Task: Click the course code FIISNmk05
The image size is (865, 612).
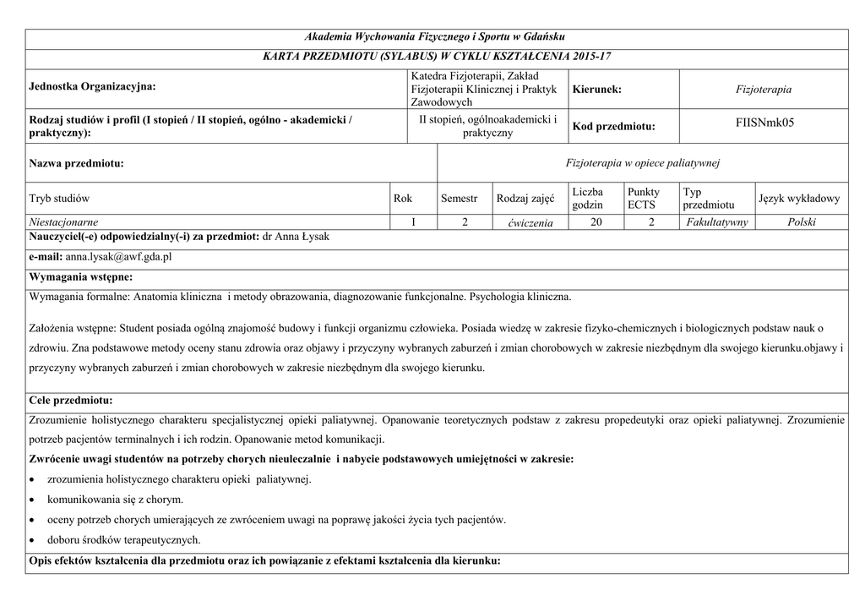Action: tap(764, 123)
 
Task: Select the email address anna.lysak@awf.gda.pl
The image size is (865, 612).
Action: tap(118, 256)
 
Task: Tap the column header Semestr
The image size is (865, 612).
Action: tap(460, 199)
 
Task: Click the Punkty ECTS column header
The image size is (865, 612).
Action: tap(644, 199)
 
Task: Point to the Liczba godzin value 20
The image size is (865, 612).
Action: tap(596, 222)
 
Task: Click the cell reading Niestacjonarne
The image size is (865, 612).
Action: tap(63, 222)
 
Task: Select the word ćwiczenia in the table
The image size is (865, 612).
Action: tap(525, 223)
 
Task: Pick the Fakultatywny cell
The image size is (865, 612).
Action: tap(717, 222)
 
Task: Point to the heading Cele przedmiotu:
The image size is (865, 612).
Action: tap(71, 400)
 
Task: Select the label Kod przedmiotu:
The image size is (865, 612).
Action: tap(613, 126)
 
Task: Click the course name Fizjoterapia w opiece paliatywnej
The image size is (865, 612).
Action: tap(642, 162)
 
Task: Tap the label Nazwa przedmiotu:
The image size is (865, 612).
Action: tap(76, 162)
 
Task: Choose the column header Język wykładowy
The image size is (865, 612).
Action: tap(799, 199)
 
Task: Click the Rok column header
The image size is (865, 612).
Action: tap(403, 199)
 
